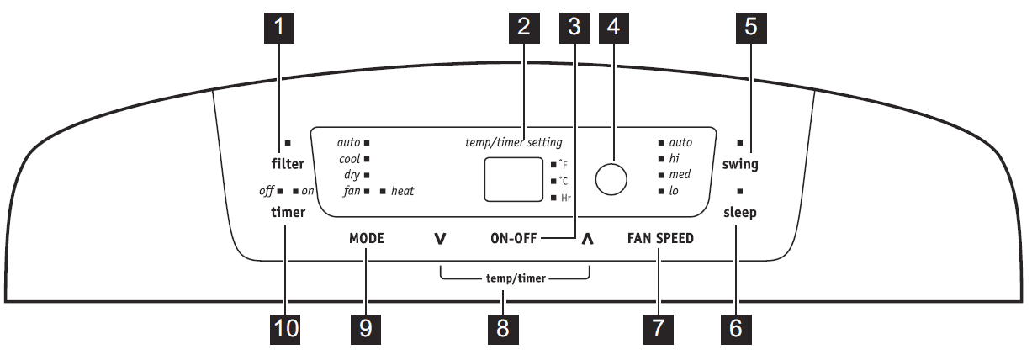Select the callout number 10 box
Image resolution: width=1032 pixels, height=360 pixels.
tap(287, 328)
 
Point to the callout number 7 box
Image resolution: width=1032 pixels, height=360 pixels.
tap(659, 328)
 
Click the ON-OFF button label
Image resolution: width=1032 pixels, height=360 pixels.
tap(514, 238)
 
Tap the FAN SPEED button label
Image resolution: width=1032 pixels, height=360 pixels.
tap(660, 238)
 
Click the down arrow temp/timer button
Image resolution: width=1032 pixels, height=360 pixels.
tap(440, 239)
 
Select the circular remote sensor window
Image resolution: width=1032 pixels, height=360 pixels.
tap(612, 178)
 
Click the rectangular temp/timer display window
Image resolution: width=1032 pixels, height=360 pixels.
tap(513, 179)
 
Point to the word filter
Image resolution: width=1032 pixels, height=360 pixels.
tap(288, 164)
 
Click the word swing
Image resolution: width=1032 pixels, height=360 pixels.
tap(740, 164)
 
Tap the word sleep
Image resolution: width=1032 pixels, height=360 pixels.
tap(740, 213)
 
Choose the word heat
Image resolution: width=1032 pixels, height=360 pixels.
tap(402, 191)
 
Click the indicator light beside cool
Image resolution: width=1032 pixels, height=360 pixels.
tap(368, 159)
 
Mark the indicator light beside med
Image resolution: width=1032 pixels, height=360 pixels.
tap(661, 175)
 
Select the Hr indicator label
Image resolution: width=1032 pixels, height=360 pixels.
tap(566, 198)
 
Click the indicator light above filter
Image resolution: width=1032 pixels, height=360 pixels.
tap(288, 143)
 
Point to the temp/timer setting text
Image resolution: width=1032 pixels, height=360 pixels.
tap(514, 142)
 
